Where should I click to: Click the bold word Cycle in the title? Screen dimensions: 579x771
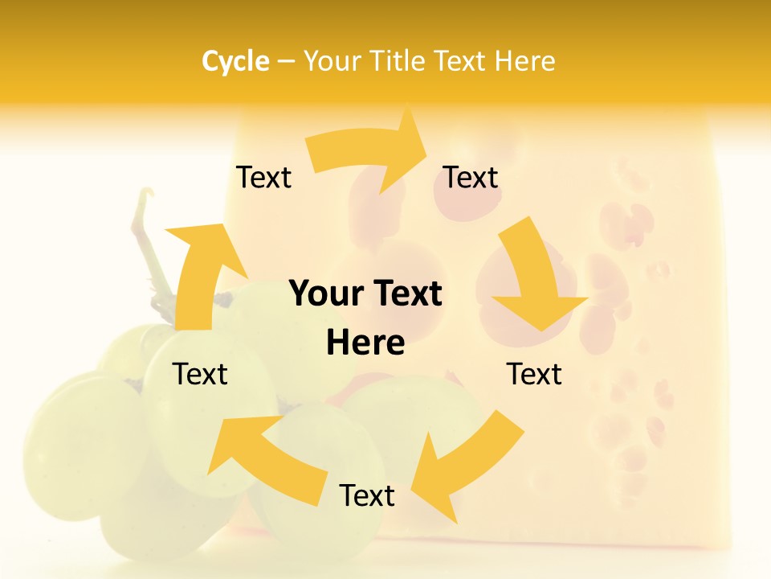point(235,61)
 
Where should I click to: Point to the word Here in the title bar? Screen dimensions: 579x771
point(524,61)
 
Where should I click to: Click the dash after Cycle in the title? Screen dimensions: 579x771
point(286,62)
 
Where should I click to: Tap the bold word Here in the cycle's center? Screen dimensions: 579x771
point(365,343)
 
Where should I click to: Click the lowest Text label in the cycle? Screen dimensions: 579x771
point(367,496)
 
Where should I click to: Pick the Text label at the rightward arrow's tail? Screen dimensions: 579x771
point(263,178)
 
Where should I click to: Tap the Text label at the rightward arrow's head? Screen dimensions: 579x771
point(471,178)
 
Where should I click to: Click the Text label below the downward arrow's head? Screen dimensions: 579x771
point(534,375)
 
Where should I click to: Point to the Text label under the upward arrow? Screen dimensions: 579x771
point(201,375)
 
